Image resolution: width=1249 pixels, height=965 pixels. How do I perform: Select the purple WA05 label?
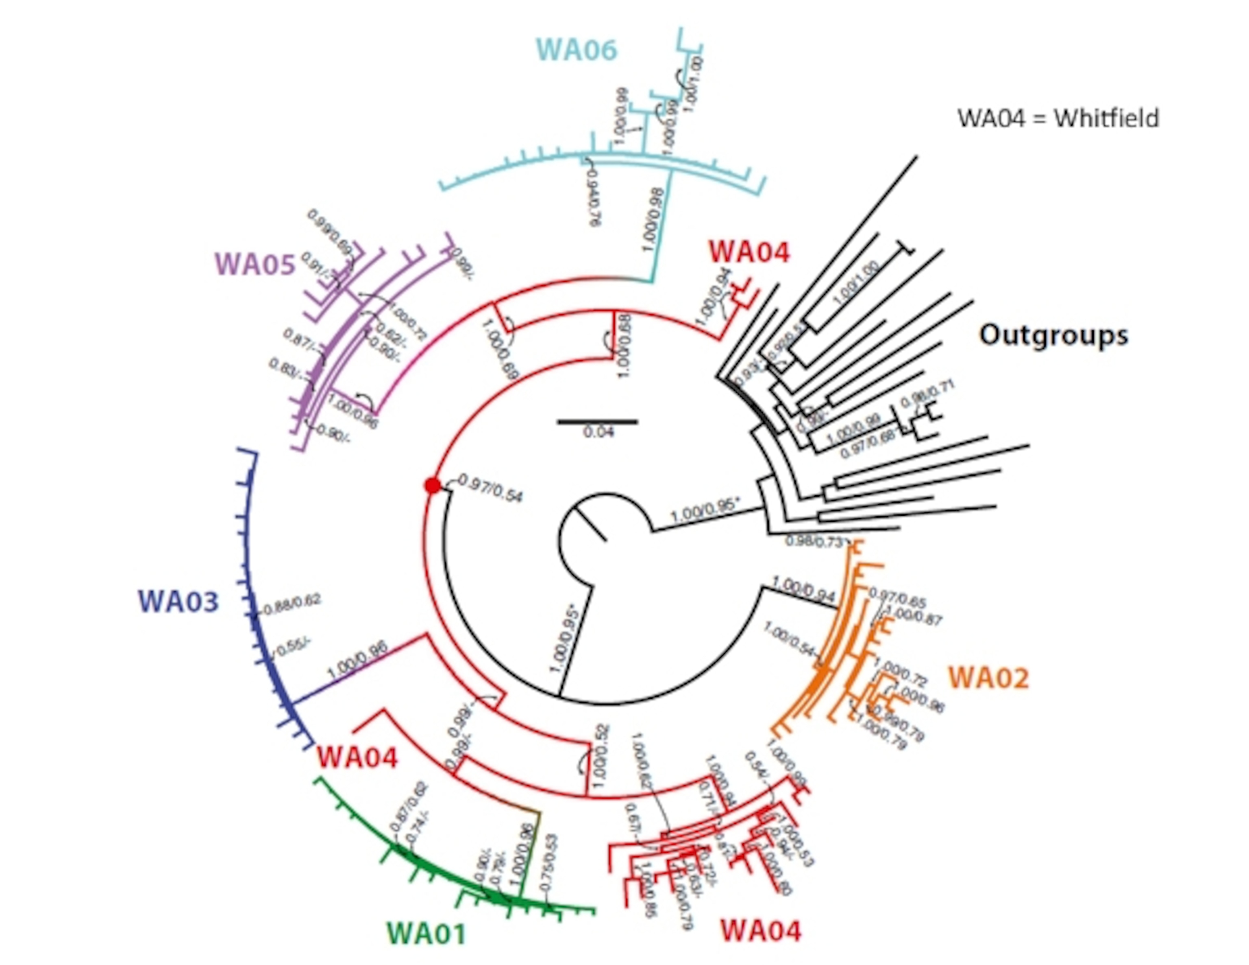click(255, 265)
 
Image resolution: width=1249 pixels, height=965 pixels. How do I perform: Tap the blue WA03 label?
click(178, 602)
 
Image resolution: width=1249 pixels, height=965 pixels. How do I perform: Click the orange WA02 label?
click(989, 678)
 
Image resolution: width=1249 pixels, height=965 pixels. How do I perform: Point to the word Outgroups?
click(1053, 335)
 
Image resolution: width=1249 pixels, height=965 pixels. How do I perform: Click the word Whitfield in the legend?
click(1106, 118)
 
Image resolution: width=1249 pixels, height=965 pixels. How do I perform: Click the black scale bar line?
click(598, 422)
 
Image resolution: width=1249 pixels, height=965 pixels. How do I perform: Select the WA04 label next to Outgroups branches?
click(749, 252)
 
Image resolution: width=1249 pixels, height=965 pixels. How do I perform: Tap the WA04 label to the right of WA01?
click(761, 930)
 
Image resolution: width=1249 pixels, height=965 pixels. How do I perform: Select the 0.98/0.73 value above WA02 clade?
click(814, 541)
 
